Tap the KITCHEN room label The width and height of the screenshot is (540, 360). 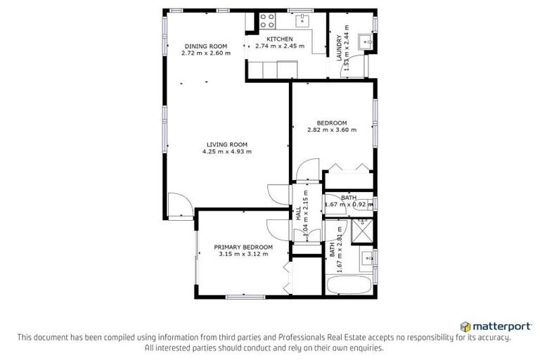(279, 39)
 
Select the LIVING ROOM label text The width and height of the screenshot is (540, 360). (226, 143)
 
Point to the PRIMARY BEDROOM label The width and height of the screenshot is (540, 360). (243, 247)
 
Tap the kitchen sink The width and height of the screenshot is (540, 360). (304, 20)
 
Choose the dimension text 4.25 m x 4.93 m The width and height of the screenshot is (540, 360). (226, 151)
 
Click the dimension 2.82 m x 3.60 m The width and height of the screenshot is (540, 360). (332, 130)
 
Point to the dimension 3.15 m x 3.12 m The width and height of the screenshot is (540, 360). (243, 254)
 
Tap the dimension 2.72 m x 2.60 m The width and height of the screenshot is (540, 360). (206, 53)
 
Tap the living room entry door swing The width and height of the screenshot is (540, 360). (180, 205)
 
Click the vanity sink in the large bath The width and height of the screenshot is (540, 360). (366, 258)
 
